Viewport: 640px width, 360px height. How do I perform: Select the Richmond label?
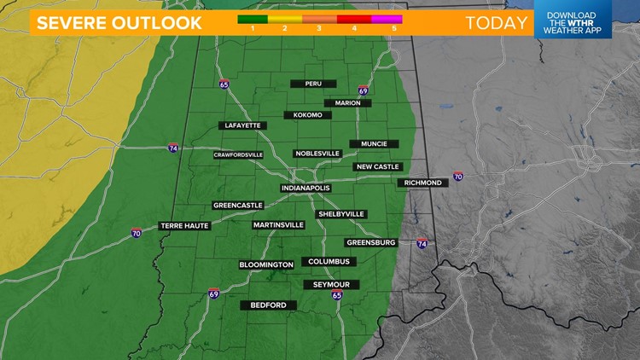coord(422,183)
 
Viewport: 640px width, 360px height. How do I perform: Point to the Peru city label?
coord(313,84)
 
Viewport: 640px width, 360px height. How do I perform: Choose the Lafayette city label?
coord(242,125)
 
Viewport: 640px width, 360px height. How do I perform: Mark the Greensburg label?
coord(371,242)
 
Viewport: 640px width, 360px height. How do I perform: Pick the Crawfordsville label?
coord(239,154)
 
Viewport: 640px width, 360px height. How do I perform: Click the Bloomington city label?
coord(266,264)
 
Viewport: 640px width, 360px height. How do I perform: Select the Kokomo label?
coord(307,114)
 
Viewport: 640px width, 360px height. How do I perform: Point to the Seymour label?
coord(331,284)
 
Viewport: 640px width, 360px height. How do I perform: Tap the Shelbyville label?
coord(341,213)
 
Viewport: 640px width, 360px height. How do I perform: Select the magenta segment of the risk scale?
coord(387,17)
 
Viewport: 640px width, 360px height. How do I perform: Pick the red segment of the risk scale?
coord(353,17)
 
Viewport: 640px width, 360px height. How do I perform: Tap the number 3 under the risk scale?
coord(319,28)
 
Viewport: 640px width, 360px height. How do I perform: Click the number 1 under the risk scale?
coord(253,28)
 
